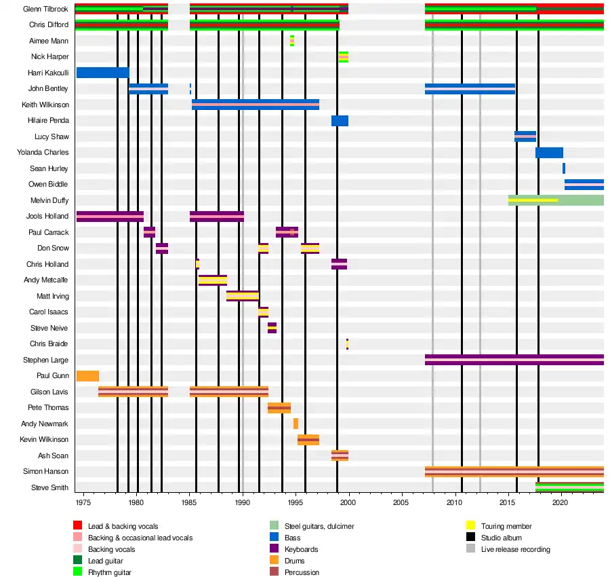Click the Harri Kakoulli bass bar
click(x=102, y=73)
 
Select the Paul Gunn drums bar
click(x=87, y=376)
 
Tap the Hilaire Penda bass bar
click(x=340, y=121)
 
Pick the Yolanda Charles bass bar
click(x=549, y=153)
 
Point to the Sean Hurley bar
click(x=563, y=168)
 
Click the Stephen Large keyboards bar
click(x=514, y=360)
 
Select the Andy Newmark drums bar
click(x=296, y=424)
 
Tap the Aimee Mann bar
click(x=292, y=41)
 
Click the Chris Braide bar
click(x=347, y=344)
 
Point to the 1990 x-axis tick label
click(x=242, y=502)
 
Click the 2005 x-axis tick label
click(x=402, y=502)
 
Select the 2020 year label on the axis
click(x=561, y=502)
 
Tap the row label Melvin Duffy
click(x=49, y=200)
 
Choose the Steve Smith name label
click(x=49, y=487)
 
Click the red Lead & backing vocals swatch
click(x=78, y=526)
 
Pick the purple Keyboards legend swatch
click(x=274, y=549)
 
